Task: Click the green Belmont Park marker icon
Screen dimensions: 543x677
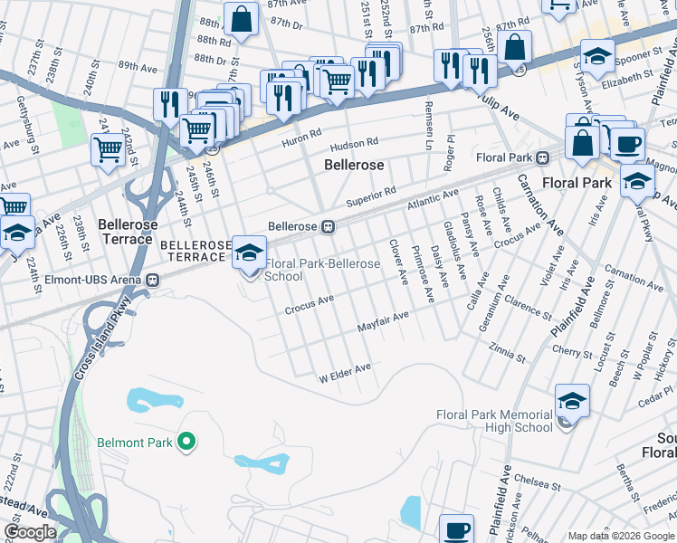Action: coord(187,442)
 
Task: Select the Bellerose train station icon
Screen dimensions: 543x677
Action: coord(330,227)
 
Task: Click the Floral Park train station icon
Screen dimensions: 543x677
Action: coord(542,157)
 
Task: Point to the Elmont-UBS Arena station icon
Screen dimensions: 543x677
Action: coord(153,280)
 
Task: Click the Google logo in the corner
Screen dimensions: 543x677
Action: coord(29,532)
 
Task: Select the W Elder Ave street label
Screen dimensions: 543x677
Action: coord(344,371)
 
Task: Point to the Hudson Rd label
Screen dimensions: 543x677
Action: coord(353,144)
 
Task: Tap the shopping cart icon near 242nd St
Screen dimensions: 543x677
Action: coord(108,148)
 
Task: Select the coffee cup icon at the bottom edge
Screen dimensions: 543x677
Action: coord(457,529)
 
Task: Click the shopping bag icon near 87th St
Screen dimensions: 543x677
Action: coord(242,19)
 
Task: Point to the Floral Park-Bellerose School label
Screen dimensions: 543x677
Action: coord(321,269)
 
